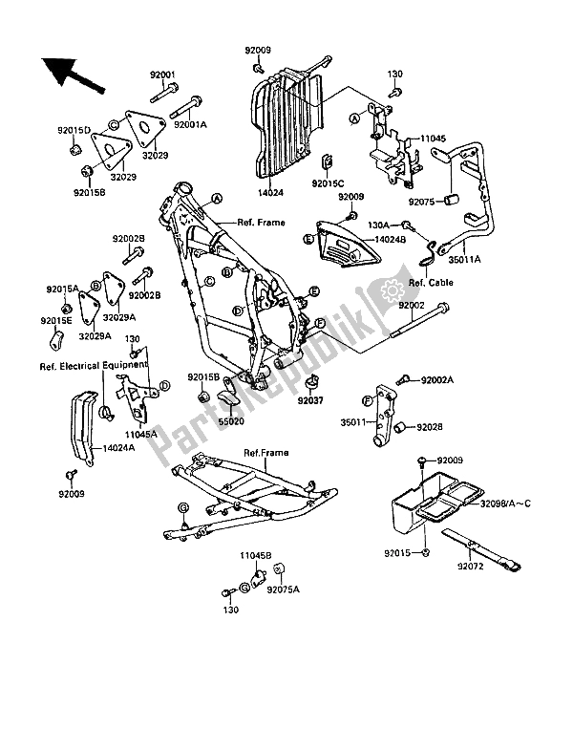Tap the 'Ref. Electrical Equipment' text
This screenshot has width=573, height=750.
[94, 366]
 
